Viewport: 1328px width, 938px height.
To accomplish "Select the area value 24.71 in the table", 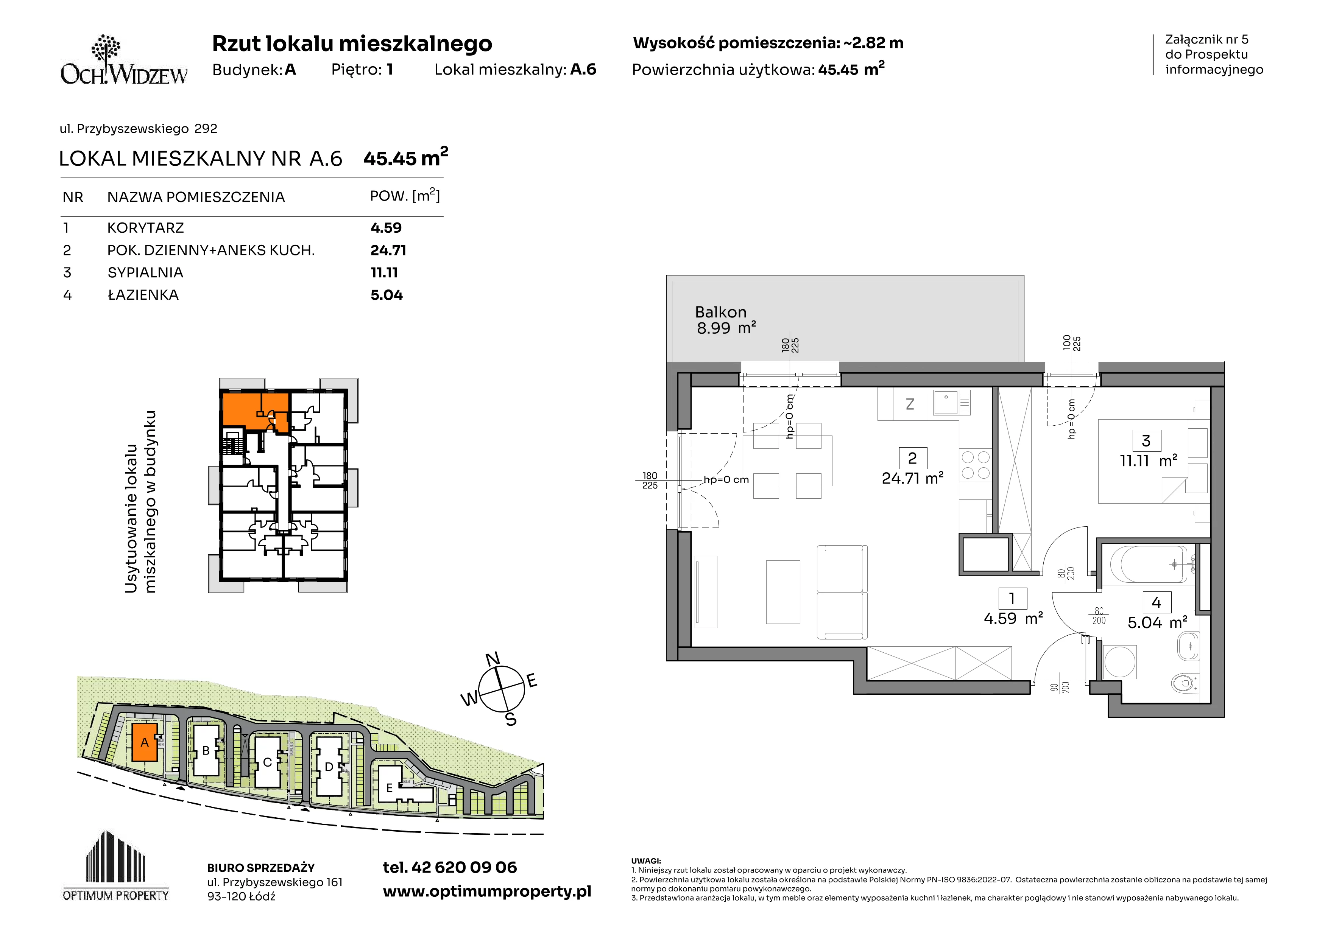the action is (x=388, y=250).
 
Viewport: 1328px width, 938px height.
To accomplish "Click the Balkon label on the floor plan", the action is (x=721, y=312).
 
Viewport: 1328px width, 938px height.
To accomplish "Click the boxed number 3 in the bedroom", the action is (x=1146, y=441).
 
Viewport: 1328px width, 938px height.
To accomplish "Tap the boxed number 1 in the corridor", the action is (x=1012, y=599).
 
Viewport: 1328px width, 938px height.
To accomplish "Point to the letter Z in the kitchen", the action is (x=910, y=404).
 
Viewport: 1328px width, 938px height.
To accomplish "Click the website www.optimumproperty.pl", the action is (x=487, y=892).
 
